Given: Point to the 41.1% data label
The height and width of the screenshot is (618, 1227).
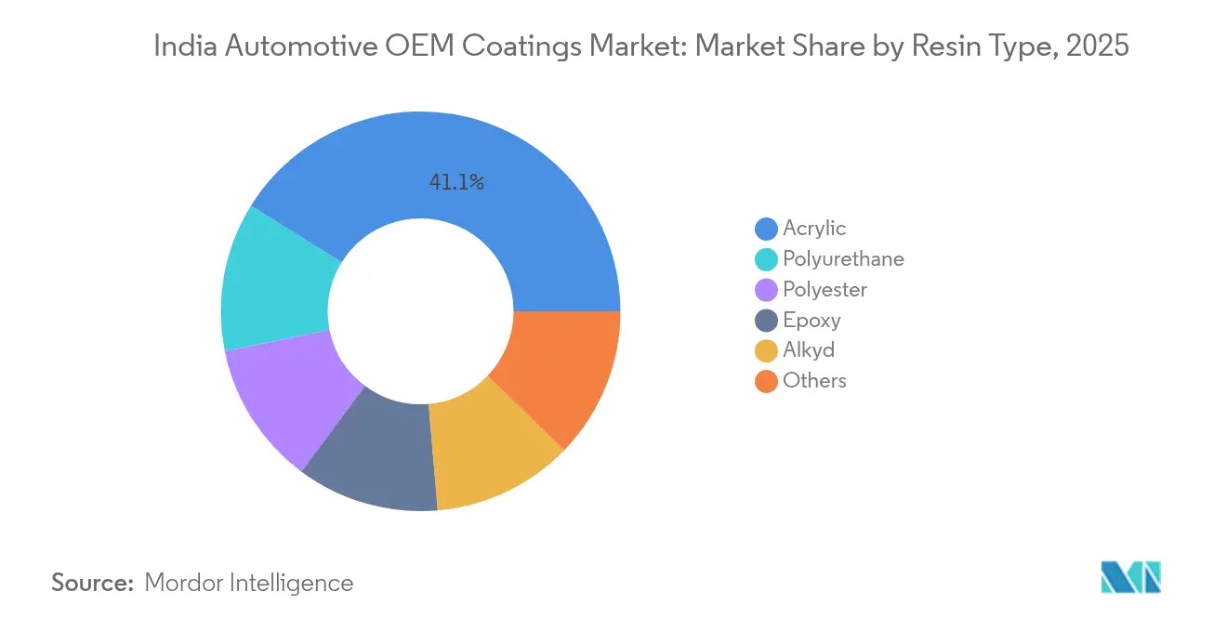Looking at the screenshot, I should pos(456,183).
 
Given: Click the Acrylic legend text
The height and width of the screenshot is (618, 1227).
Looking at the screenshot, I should pos(814,229).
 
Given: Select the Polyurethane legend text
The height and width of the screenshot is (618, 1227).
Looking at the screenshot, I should pos(843,259).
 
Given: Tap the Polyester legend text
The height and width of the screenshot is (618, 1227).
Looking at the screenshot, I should pos(825,290).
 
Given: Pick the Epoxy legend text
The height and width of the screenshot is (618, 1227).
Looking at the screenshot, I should pos(811,321).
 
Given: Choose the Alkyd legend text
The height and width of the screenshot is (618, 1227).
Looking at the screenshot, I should pos(809,350).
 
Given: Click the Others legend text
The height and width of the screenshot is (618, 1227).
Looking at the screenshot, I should pos(814,381).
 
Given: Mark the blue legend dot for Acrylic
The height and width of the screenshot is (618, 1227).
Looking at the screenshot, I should pos(766,229).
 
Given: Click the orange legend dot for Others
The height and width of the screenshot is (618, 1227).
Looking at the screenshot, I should pos(766,381).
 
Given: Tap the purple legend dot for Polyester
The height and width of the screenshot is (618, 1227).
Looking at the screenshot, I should pos(766,290).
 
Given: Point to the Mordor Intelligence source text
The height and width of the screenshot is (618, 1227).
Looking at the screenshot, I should pos(249,583).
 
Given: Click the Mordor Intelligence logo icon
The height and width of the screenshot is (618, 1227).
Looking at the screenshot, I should pos(1130,577).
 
